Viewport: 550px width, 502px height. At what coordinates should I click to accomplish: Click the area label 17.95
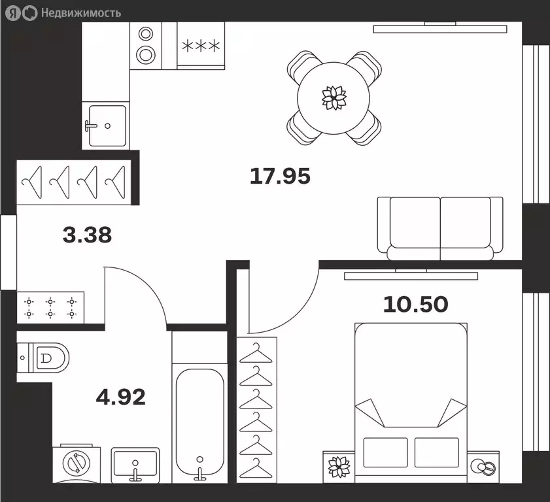280,176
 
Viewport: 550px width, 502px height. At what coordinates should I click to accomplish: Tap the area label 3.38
87,235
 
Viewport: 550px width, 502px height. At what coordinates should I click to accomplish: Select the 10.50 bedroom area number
416,305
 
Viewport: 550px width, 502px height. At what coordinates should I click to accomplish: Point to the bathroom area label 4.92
121,397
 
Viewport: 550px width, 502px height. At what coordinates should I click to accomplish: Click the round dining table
334,98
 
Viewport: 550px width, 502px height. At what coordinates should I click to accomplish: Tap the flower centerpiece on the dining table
334,97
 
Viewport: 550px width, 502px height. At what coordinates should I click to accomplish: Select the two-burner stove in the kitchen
146,46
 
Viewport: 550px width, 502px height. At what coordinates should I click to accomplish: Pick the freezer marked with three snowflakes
201,46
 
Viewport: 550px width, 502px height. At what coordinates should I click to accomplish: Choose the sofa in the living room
440,228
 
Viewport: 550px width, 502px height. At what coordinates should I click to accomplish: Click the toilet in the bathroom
43,358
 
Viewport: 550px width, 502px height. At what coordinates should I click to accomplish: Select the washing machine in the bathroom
77,463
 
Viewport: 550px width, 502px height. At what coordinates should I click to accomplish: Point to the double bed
411,403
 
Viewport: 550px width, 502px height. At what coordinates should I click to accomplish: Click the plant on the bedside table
339,467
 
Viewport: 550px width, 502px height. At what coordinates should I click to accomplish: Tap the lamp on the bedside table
483,467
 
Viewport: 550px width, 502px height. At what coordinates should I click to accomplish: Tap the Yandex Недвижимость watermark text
81,13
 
